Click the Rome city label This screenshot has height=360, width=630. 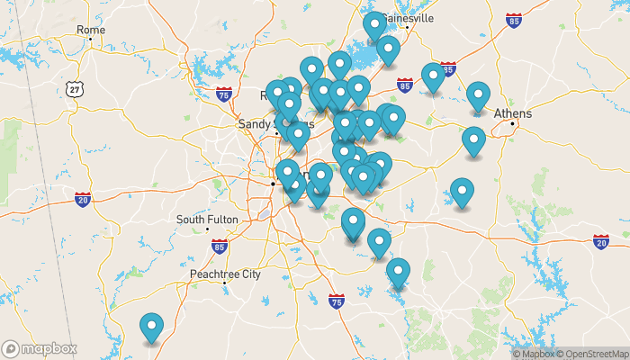point(91,30)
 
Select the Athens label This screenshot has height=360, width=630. point(513,113)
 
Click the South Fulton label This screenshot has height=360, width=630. point(206,220)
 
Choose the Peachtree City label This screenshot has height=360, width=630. point(224,273)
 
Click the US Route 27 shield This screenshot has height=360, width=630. point(73,87)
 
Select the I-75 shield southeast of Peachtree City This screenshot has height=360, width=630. point(337,300)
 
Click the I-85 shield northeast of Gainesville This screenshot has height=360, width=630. point(514,19)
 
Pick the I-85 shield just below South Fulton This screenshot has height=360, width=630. point(220,245)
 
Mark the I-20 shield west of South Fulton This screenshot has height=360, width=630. point(82,198)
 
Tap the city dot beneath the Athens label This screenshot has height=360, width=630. point(513,123)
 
